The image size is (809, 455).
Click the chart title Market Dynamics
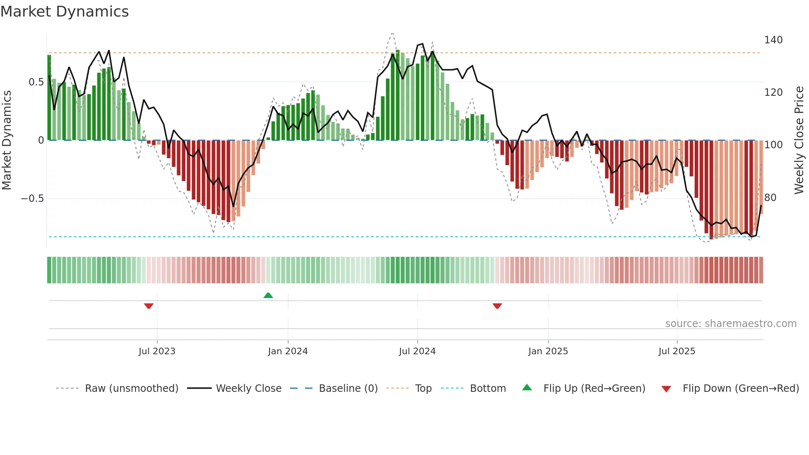65,12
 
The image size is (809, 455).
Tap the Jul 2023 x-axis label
157,351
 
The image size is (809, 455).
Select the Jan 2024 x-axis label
288,351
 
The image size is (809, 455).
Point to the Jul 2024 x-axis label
417,351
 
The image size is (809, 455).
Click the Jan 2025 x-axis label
548,351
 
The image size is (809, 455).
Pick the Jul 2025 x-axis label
677,351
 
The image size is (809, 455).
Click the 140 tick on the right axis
773,40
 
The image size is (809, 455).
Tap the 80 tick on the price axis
770,198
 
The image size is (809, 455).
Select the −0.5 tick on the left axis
32,199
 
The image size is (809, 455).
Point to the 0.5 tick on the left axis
36,82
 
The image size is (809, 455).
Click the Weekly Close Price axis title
799,140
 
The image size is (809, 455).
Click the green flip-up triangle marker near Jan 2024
268,295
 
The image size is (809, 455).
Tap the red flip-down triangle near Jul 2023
149,306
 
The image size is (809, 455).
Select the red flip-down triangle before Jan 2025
497,306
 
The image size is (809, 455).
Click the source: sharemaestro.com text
731,324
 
